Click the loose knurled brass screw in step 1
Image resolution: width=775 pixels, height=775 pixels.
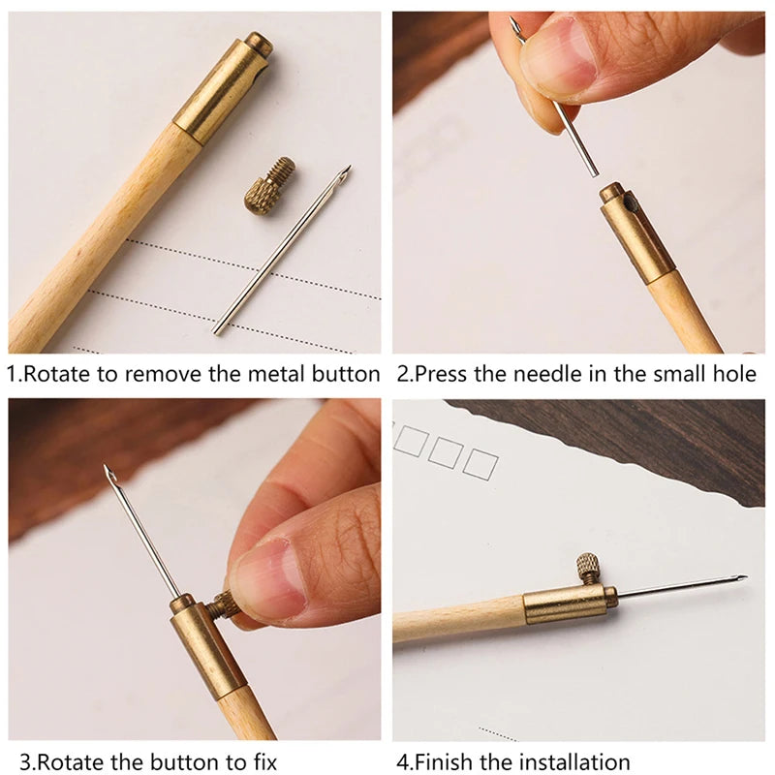[x=268, y=186]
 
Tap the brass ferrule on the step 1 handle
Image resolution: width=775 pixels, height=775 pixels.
[x=221, y=92]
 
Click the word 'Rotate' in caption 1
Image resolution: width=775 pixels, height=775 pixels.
[x=53, y=374]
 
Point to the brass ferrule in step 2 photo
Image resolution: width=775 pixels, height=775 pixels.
[x=635, y=232]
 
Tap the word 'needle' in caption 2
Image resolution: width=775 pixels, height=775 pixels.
[x=544, y=374]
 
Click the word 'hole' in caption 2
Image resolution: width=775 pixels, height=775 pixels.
[x=733, y=374]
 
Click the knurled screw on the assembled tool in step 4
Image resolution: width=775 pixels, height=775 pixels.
[x=589, y=568]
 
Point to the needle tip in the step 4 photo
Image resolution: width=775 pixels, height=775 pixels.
[x=741, y=578]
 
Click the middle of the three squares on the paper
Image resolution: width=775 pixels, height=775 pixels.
[x=446, y=452]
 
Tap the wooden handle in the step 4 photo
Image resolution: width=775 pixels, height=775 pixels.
[x=455, y=620]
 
